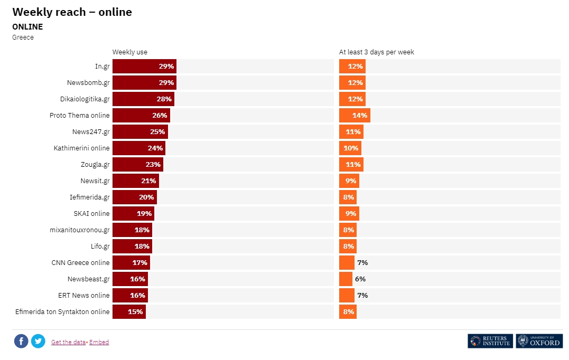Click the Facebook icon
[x=21, y=341]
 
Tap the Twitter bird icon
[x=38, y=341]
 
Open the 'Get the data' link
[x=68, y=342]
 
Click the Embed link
[x=99, y=342]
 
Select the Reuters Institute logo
[x=490, y=341]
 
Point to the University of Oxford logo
[x=539, y=341]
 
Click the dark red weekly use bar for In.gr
[x=144, y=67]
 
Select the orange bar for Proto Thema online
[x=354, y=116]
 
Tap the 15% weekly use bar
[x=128, y=312]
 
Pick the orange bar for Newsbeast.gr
[x=346, y=279]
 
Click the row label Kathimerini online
[x=81, y=148]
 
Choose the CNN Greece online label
[x=80, y=263]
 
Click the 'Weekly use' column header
[x=130, y=52]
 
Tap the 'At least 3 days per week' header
[x=376, y=52]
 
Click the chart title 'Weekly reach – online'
[x=72, y=12]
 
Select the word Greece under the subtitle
[x=23, y=37]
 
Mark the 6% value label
[x=360, y=279]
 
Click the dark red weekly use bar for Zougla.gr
[x=137, y=165]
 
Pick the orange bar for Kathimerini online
[x=350, y=148]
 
